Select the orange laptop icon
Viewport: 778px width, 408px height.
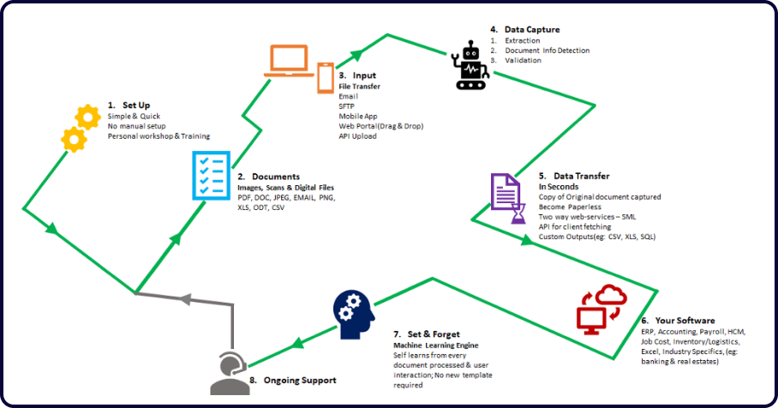coord(288,61)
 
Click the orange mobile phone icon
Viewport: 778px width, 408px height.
coord(326,76)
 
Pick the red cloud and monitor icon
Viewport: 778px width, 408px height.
coord(601,309)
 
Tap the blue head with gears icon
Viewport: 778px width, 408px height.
coord(354,314)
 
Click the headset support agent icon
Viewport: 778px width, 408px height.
coord(227,372)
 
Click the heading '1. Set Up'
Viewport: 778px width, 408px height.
coord(129,105)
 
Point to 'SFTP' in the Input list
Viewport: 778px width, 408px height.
coord(348,106)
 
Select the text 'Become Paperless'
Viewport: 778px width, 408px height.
coord(569,207)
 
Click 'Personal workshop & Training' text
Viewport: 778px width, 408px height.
coord(159,136)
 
